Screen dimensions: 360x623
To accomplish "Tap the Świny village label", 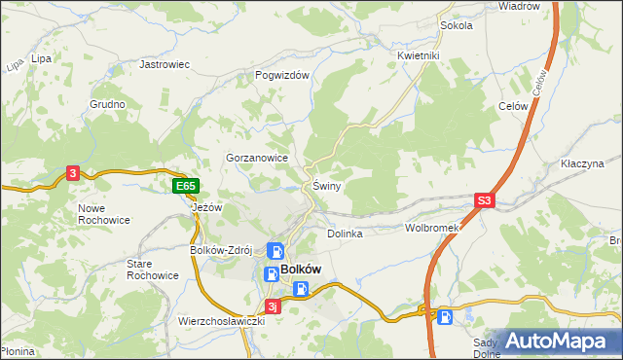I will coord(326,186).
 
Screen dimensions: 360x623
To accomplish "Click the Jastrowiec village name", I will coord(164,64).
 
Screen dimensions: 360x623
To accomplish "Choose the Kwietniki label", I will coord(419,55).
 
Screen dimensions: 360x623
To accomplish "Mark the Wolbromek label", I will coord(431,228).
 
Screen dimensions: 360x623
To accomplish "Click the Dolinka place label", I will coord(345,234).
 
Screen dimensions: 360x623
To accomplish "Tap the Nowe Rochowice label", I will coord(104,214).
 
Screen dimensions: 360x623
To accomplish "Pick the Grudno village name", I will coord(107,104).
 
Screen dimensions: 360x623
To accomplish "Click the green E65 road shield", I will coord(186,186).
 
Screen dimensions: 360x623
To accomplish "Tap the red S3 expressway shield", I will coord(485,201).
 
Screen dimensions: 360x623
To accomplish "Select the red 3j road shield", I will coord(274,308).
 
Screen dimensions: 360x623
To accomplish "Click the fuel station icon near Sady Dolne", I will coord(444,315).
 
